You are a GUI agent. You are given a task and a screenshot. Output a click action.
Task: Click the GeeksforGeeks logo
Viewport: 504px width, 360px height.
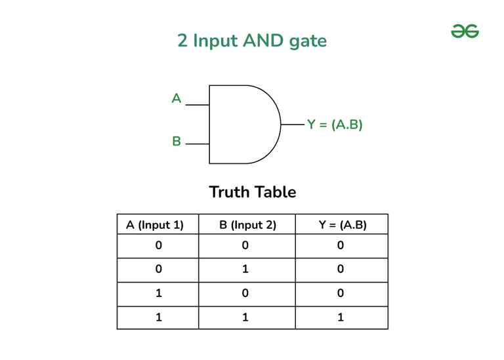[465, 31]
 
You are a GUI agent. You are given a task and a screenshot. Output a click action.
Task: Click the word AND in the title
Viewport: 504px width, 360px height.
[263, 41]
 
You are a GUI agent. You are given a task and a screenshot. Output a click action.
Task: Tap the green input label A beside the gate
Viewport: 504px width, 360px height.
[177, 98]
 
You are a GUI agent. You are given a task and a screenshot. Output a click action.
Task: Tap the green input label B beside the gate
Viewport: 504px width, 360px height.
[177, 141]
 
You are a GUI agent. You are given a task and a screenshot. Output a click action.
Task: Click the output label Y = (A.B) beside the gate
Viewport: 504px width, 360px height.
[335, 125]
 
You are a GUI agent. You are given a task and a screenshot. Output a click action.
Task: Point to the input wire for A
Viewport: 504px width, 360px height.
[198, 105]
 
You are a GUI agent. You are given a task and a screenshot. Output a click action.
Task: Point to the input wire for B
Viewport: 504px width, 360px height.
[198, 144]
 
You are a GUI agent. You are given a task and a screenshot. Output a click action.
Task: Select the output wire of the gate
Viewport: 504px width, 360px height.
[293, 125]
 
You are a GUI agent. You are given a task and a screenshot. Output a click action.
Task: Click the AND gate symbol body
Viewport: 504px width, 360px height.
[244, 125]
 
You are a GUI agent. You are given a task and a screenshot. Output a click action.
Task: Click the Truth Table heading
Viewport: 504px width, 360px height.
[252, 192]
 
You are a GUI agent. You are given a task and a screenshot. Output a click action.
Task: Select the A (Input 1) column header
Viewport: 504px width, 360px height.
[155, 225]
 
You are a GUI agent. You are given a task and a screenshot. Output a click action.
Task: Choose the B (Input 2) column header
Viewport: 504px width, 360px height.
[247, 225]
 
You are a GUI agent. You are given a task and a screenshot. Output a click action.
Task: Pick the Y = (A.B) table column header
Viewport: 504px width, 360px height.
[343, 225]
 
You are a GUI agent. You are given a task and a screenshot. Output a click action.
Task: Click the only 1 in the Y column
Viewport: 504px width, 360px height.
[341, 317]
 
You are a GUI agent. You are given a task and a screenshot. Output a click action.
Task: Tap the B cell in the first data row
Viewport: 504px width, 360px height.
[245, 245]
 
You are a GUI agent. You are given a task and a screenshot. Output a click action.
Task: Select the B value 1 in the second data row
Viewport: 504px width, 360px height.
[245, 269]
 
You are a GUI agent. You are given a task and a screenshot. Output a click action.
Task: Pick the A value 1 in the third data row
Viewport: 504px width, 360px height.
[159, 293]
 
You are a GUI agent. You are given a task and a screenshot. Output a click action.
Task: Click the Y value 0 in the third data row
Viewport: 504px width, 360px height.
[341, 293]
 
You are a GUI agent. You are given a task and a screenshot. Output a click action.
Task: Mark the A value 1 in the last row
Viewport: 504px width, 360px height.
[159, 317]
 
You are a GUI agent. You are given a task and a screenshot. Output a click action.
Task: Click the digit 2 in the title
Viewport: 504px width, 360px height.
[182, 41]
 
